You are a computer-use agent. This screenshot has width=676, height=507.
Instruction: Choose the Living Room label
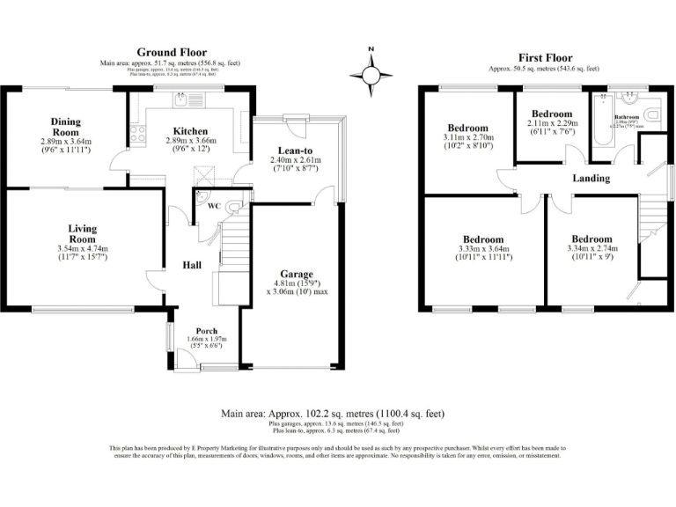pyautogui.click(x=82, y=233)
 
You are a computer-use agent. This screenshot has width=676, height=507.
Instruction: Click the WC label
pyautogui.click(x=214, y=207)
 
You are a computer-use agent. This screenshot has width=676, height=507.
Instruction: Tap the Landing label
pyautogui.click(x=591, y=178)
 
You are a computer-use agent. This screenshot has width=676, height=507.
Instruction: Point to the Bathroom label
pyautogui.click(x=627, y=116)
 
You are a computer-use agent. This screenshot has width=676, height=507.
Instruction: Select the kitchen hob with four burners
pyautogui.click(x=137, y=134)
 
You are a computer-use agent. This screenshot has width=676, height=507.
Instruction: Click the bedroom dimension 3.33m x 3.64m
pyautogui.click(x=484, y=250)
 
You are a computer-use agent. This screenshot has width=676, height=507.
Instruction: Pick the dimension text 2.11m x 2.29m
pyautogui.click(x=552, y=124)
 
